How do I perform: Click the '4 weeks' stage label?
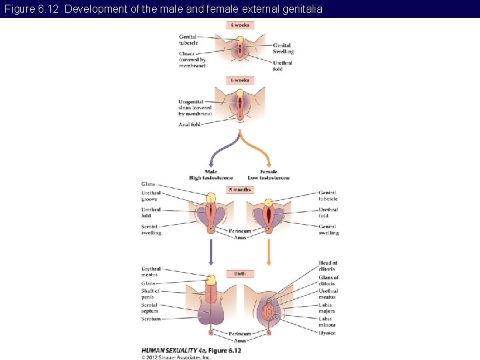tap(240, 25)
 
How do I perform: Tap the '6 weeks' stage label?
tap(240, 80)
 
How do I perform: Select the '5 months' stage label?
tap(240, 190)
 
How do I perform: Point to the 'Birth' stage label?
tap(240, 273)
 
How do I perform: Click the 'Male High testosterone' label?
tap(211, 175)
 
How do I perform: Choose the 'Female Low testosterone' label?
tap(269, 175)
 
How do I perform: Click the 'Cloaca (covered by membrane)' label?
tap(192, 60)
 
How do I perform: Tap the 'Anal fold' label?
tap(189, 125)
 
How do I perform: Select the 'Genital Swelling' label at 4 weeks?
tap(283, 48)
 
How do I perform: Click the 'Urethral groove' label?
tap(151, 196)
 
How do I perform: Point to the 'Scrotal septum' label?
tap(150, 308)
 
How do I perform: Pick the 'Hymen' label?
tap(327, 333)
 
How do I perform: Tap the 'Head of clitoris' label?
tap(328, 266)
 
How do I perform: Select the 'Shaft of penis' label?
tap(150, 294)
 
